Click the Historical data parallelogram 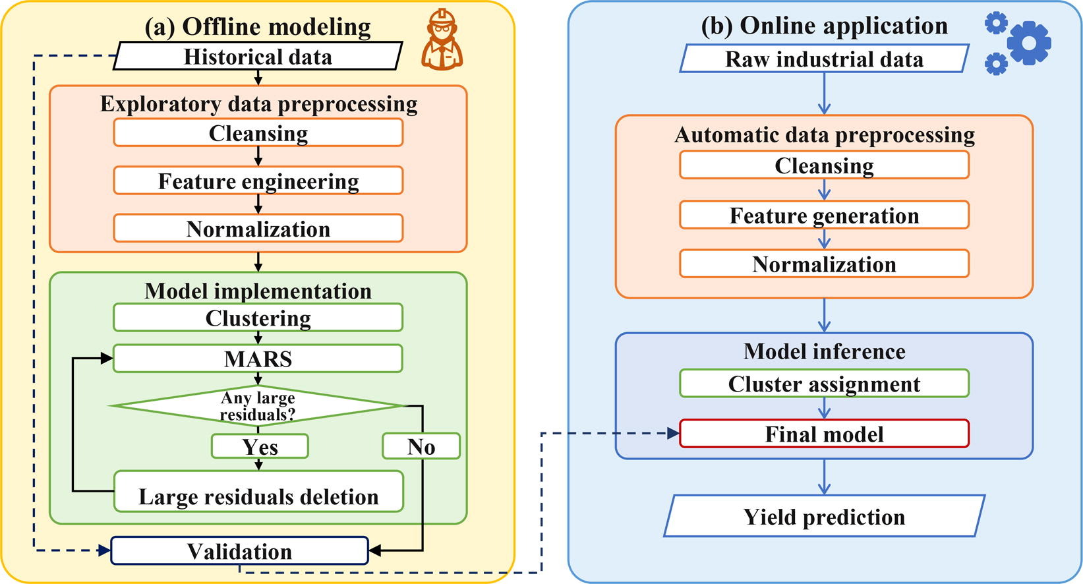pyautogui.click(x=258, y=57)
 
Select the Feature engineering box pyautogui.click(x=258, y=181)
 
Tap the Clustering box pyautogui.click(x=258, y=318)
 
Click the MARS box pyautogui.click(x=258, y=359)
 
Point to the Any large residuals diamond pyautogui.click(x=258, y=406)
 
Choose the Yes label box pyautogui.click(x=260, y=446)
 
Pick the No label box pyautogui.click(x=421, y=446)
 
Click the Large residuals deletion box pyautogui.click(x=258, y=492)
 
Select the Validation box pyautogui.click(x=239, y=551)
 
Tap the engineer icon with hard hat pyautogui.click(x=442, y=41)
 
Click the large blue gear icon pyautogui.click(x=1028, y=42)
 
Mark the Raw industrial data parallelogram pyautogui.click(x=824, y=59)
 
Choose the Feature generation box pyautogui.click(x=824, y=216)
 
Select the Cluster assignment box pyautogui.click(x=824, y=384)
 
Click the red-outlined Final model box pyautogui.click(x=824, y=434)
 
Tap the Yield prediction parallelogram pyautogui.click(x=824, y=516)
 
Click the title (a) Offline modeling pyautogui.click(x=258, y=26)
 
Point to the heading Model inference pyautogui.click(x=824, y=351)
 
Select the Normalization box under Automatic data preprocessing pyautogui.click(x=824, y=264)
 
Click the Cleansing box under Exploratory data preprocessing pyautogui.click(x=258, y=133)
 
